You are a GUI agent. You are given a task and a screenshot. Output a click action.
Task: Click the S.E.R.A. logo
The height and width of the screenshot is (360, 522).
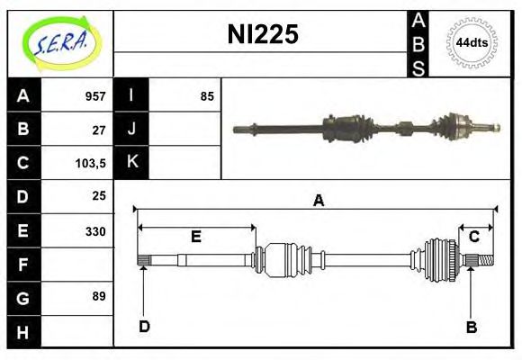tap(62, 43)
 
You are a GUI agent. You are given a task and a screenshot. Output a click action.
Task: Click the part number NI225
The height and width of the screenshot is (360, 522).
tap(263, 34)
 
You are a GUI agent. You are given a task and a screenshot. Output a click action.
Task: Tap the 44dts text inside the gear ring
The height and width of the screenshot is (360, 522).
tap(472, 43)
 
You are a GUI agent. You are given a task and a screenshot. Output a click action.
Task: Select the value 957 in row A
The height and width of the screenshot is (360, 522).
tap(95, 96)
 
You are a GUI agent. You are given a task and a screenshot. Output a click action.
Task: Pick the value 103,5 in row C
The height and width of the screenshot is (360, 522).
tap(91, 164)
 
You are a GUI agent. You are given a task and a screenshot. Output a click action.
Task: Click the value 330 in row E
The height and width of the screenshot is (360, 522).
tap(95, 231)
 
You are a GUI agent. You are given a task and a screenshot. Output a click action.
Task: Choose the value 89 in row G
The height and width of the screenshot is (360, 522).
tap(99, 296)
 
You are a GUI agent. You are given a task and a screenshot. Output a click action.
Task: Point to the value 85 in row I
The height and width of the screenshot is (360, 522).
tap(207, 96)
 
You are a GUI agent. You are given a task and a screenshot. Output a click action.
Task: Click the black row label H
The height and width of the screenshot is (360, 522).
tap(23, 332)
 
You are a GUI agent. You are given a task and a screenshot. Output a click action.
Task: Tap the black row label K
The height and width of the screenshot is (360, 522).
tap(131, 162)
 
